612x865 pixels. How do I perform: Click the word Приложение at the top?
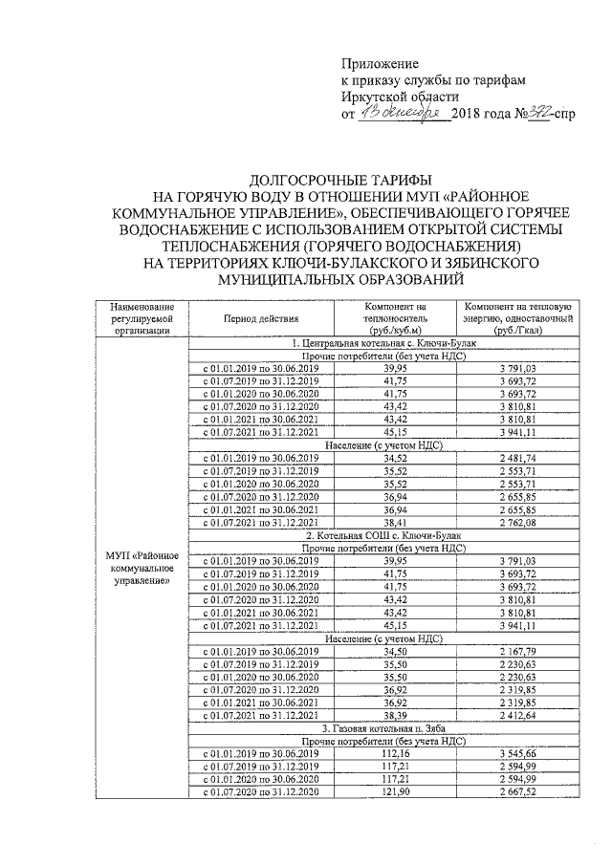click(x=381, y=62)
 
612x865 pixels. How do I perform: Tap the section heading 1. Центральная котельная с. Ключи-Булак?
click(x=392, y=341)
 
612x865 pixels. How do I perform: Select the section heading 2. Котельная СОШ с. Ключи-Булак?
click(x=392, y=537)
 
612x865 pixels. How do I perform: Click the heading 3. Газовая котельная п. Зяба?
click(x=392, y=729)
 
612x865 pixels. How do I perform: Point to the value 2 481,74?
click(x=517, y=460)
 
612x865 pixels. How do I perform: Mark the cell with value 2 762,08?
click(x=517, y=524)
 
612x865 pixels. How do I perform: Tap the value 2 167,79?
click(x=517, y=652)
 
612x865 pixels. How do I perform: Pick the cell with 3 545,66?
click(x=517, y=754)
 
